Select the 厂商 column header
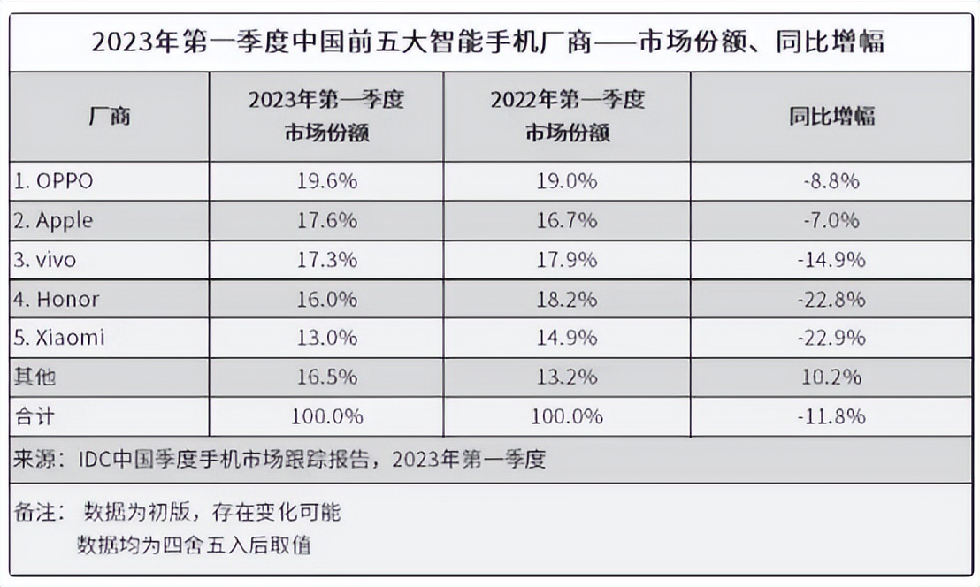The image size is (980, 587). click(110, 116)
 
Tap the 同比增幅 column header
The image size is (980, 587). click(831, 116)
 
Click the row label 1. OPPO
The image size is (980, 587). click(54, 181)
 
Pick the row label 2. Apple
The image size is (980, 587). click(54, 220)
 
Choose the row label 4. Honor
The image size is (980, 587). click(56, 299)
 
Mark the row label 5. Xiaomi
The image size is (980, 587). click(58, 338)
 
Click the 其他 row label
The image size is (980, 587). click(34, 377)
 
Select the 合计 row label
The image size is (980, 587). click(34, 415)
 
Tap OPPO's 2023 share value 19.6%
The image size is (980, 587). click(326, 181)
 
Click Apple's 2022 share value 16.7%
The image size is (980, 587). click(567, 220)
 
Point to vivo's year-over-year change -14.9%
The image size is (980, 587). click(831, 260)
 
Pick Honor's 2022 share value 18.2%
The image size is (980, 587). click(567, 299)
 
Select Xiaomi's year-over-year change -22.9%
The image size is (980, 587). click(831, 338)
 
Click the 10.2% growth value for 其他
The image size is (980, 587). click(831, 377)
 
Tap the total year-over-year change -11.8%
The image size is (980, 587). click(831, 415)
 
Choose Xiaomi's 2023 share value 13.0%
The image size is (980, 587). click(326, 338)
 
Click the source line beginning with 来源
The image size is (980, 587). click(279, 460)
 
